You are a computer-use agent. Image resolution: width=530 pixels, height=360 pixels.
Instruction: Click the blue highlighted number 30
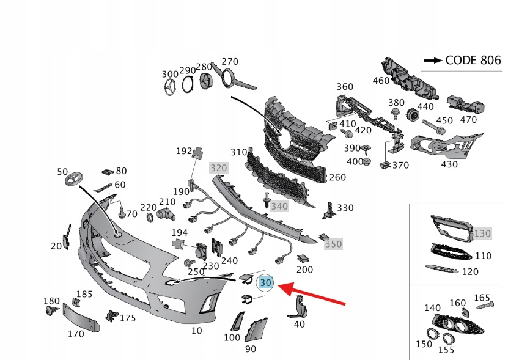[266, 283]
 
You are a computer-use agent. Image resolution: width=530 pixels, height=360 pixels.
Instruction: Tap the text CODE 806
[473, 60]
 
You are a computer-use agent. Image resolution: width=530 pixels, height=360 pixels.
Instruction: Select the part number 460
[380, 80]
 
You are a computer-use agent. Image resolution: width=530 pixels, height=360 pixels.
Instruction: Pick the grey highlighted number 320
[218, 167]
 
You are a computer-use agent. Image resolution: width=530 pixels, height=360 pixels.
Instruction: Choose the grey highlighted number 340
[279, 207]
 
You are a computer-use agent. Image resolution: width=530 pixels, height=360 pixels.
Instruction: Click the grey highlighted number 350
[333, 244]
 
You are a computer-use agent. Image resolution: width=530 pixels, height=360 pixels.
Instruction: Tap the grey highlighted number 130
[483, 233]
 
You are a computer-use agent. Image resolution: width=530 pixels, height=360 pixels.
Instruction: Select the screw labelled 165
[484, 304]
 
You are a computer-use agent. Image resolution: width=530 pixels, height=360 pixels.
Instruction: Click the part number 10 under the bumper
[196, 331]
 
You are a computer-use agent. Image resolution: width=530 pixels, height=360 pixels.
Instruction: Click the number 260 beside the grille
[337, 177]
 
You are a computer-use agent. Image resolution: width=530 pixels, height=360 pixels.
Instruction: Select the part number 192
[184, 150]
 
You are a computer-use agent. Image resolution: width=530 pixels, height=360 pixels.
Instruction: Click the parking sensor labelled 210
[165, 213]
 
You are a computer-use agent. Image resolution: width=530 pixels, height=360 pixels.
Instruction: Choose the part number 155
[447, 351]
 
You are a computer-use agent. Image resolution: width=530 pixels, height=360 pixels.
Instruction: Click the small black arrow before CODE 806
[433, 60]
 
